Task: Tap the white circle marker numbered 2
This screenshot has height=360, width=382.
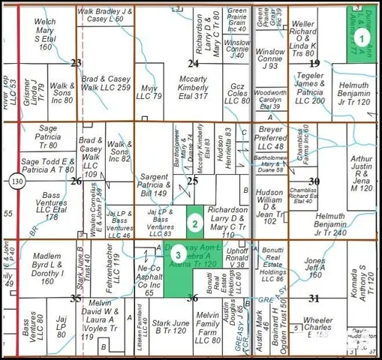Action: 194,222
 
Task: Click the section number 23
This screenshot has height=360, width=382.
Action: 76,63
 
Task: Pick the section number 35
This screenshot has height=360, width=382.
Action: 76,298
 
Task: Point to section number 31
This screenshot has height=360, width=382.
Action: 314,298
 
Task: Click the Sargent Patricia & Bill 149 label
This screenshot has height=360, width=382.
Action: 154,184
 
